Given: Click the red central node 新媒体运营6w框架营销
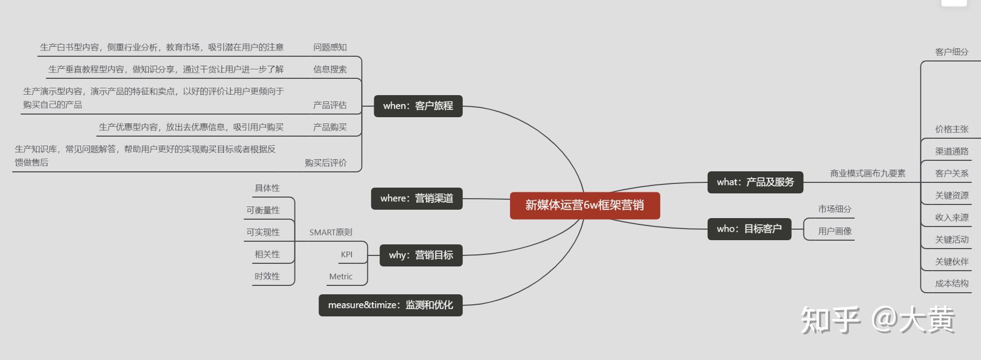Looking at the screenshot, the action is pyautogui.click(x=585, y=205).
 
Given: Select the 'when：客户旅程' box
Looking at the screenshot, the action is pyautogui.click(x=418, y=106).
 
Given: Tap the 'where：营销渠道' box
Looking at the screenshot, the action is pyautogui.click(x=416, y=199).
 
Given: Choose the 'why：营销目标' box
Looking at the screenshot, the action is pyautogui.click(x=421, y=255).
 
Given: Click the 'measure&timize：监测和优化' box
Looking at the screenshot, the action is pyautogui.click(x=390, y=305).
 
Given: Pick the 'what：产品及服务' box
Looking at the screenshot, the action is pyautogui.click(x=755, y=182).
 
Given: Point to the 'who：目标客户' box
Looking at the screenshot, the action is pyautogui.click(x=749, y=229).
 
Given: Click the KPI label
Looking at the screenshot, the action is pyautogui.click(x=346, y=255).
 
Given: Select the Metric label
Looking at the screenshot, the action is pyautogui.click(x=341, y=277).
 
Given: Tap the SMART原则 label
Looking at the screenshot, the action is pyautogui.click(x=331, y=232).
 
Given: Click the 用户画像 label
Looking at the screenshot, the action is pyautogui.click(x=835, y=231).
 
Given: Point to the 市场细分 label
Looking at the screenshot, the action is pyautogui.click(x=834, y=209).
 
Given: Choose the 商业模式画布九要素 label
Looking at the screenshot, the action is pyautogui.click(x=867, y=173).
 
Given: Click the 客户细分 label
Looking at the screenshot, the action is pyautogui.click(x=952, y=52).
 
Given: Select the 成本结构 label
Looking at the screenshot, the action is pyautogui.click(x=952, y=284).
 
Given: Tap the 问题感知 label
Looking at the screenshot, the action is pyautogui.click(x=330, y=47).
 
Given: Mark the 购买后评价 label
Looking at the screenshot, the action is pyautogui.click(x=325, y=163).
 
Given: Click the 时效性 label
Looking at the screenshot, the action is pyautogui.click(x=267, y=276).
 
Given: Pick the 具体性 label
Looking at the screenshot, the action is pyautogui.click(x=267, y=188).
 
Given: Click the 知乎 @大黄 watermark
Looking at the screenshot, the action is pyautogui.click(x=877, y=320).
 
